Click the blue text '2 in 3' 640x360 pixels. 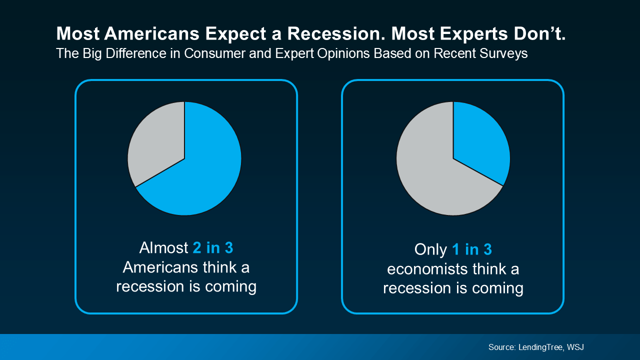point(213,248)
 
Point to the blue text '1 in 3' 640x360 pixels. point(472,250)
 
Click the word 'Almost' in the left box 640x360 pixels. point(164,248)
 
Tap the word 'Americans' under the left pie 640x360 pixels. point(160,267)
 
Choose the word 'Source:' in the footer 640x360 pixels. point(502,347)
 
